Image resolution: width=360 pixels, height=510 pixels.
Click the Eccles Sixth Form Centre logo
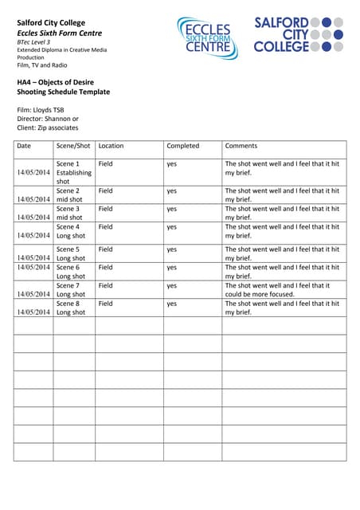(207, 38)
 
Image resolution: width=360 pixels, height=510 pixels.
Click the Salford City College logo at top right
(299, 34)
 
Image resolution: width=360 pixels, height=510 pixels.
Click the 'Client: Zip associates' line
(48, 127)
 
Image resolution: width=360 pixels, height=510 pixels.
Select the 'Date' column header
(24, 146)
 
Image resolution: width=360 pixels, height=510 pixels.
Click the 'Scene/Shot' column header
(73, 146)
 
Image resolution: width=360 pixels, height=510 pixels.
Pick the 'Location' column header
(112, 146)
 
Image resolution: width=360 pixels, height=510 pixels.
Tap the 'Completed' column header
(183, 146)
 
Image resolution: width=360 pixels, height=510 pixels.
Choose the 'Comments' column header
(241, 146)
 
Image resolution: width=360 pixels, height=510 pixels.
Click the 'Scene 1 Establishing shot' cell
(73, 172)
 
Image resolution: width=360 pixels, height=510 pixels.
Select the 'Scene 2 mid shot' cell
(68, 195)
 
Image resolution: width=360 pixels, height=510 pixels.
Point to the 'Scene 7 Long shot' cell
(68, 290)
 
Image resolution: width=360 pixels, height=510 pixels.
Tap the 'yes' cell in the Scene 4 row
(172, 227)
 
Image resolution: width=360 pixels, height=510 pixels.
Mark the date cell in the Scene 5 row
(33, 258)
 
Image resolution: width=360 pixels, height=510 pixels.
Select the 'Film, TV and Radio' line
(42, 65)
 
